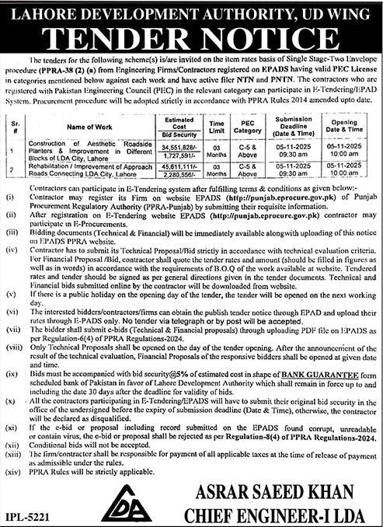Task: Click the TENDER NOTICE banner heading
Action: click(191, 38)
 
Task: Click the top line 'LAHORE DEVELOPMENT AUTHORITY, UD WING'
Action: click(191, 11)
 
